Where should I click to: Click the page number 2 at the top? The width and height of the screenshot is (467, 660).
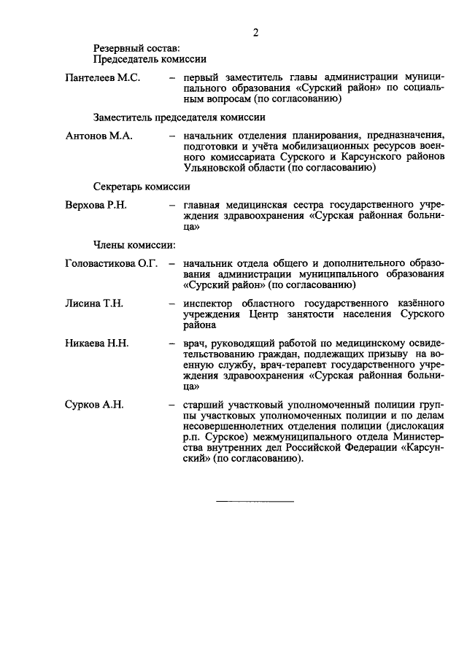click(x=255, y=32)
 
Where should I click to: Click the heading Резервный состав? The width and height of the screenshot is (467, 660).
click(x=131, y=48)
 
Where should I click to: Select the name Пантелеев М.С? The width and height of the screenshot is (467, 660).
click(x=102, y=77)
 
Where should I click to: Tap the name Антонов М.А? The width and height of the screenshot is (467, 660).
click(x=98, y=135)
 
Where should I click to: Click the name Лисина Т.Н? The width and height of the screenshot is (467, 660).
click(x=93, y=303)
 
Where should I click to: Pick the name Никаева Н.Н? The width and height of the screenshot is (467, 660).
click(x=96, y=343)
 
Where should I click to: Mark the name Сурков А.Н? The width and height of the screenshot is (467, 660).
click(x=94, y=405)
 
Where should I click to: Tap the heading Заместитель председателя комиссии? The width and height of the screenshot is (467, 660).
click(x=179, y=117)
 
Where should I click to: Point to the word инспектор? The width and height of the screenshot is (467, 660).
click(x=207, y=303)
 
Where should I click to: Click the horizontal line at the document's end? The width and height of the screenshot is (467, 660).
click(x=255, y=501)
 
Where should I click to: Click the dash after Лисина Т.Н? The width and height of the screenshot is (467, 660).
click(x=171, y=303)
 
